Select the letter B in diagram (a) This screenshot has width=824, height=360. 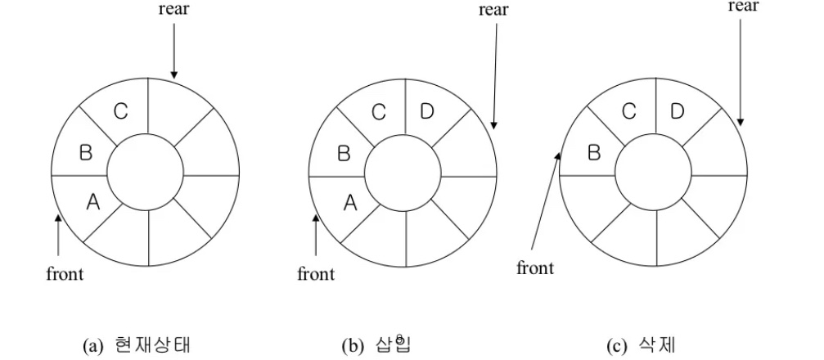coord(85,152)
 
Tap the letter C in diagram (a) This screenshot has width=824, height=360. coord(120,112)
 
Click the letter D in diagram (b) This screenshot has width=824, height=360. coord(426,112)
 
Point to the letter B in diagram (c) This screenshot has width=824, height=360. coord(595,152)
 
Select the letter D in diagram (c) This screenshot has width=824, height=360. coord(677,112)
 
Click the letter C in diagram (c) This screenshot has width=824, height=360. coord(628,112)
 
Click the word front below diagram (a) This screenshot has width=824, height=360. coord(64,274)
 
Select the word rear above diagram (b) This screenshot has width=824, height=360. coord(493,10)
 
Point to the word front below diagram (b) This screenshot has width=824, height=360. coord(316,274)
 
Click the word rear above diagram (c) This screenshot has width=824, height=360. coord(743,7)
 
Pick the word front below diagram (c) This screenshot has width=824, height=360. coord(535,268)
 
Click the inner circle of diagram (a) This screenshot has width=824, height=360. coord(146,173)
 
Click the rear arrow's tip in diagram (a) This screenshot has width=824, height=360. coord(173,76)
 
